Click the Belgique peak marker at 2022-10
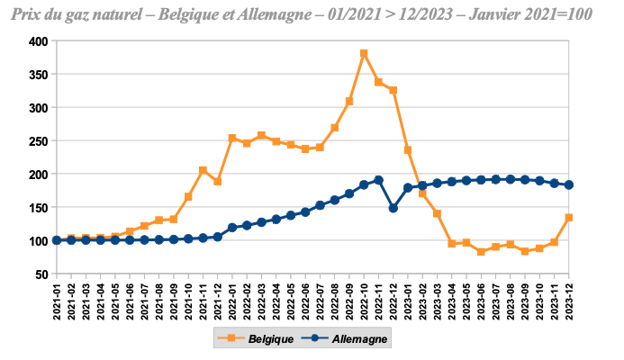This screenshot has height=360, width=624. coord(364,54)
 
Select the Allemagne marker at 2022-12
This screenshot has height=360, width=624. coord(393,208)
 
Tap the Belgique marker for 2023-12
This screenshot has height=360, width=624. coord(569,218)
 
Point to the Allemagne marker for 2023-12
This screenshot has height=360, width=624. coord(569,184)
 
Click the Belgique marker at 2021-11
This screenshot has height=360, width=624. coord(203,170)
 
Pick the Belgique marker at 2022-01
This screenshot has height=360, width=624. coord(232,139)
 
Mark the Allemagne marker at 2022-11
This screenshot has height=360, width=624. coord(378,180)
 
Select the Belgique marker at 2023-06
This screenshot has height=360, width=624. coord(481,252)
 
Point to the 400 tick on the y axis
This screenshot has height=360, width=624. coord(38,41)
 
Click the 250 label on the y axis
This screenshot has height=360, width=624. coord(38,140)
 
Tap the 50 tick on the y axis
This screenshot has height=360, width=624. coord(41,274)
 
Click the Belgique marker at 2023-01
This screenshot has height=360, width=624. coord(408,150)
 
